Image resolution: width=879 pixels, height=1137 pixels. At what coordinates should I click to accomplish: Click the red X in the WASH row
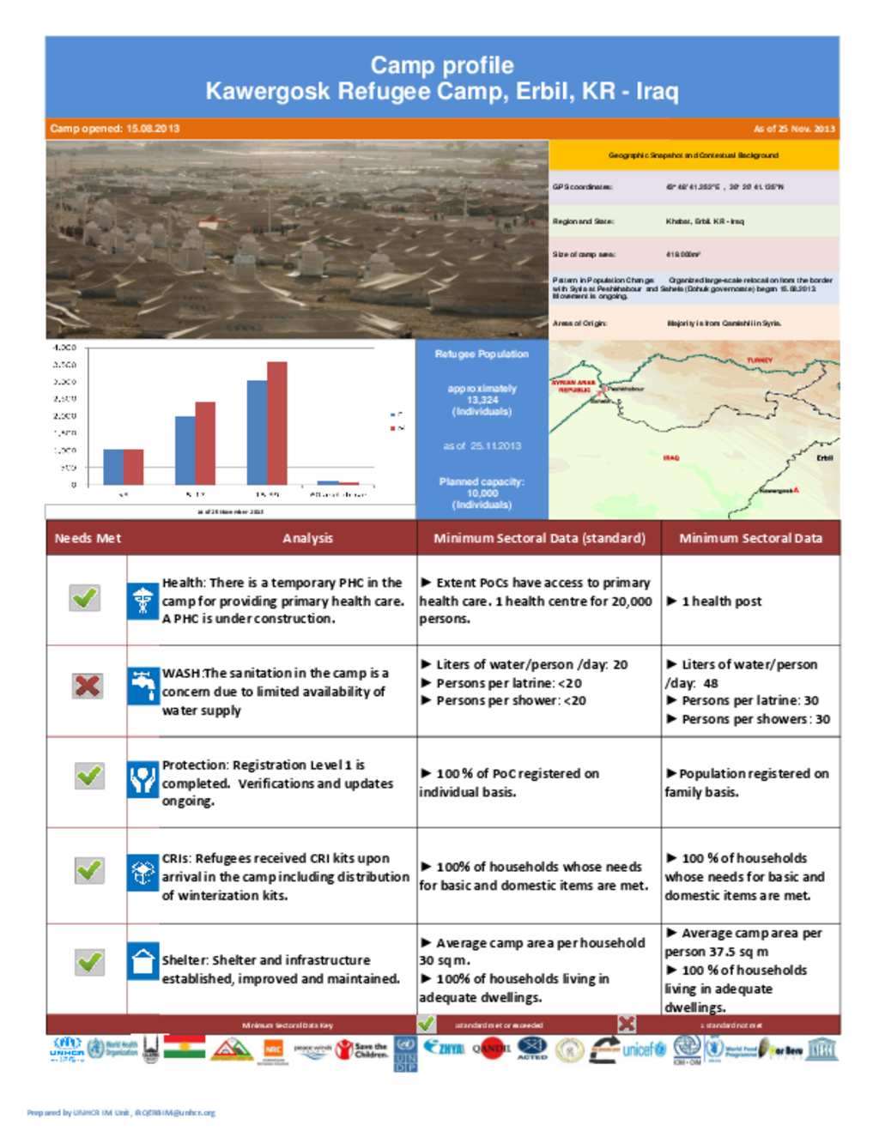point(88,686)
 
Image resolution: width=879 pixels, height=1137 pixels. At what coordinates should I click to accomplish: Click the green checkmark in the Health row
point(85,597)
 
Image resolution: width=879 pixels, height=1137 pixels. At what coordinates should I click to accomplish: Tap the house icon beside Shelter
point(142,960)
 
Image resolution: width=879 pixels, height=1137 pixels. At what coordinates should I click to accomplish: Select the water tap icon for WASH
point(142,686)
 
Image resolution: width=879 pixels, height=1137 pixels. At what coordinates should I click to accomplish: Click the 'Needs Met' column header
point(88,538)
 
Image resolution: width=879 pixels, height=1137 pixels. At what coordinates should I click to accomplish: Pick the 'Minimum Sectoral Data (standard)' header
point(539,538)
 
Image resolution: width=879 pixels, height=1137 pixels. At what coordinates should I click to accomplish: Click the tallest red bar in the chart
point(276,423)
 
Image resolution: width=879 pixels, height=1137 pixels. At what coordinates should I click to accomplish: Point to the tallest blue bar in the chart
point(257,432)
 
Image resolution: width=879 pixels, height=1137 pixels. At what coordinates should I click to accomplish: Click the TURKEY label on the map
point(759,360)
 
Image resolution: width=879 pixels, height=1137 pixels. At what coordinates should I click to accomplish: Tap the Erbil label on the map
point(824,457)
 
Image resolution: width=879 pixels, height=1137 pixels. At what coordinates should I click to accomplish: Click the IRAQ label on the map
point(670,457)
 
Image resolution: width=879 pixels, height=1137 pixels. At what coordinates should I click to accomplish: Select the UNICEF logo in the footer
point(644,1049)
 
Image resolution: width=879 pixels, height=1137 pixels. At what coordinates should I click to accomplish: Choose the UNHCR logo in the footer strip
point(67,1049)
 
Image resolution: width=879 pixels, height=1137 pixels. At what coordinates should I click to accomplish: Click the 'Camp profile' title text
point(442,65)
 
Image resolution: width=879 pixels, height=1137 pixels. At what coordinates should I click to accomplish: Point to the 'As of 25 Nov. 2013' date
point(793,129)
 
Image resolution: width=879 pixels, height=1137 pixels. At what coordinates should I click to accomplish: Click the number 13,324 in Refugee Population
point(482,400)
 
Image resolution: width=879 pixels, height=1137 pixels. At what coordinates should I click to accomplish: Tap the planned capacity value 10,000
point(482,493)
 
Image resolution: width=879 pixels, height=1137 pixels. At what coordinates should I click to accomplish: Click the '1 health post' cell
point(721,602)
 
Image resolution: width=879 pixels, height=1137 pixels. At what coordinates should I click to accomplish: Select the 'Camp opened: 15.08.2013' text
point(115,129)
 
